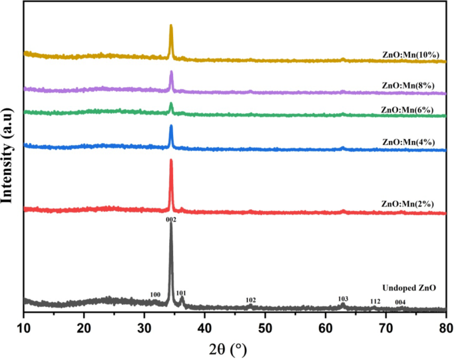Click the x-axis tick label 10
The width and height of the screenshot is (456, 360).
coord(23,326)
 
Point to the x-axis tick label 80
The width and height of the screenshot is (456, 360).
coord(445,326)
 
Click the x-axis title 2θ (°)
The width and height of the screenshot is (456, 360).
coord(231,348)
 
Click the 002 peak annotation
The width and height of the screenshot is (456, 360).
coord(170,219)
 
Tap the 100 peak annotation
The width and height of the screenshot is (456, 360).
coord(155,294)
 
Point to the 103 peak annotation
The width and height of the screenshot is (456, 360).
coord(343,298)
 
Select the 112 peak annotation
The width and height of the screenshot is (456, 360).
coord(375,301)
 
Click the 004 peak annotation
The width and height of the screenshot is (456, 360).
coord(400,302)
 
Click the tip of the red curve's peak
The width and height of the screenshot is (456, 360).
coord(171,160)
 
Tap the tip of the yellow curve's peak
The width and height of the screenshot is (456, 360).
coord(171,25)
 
